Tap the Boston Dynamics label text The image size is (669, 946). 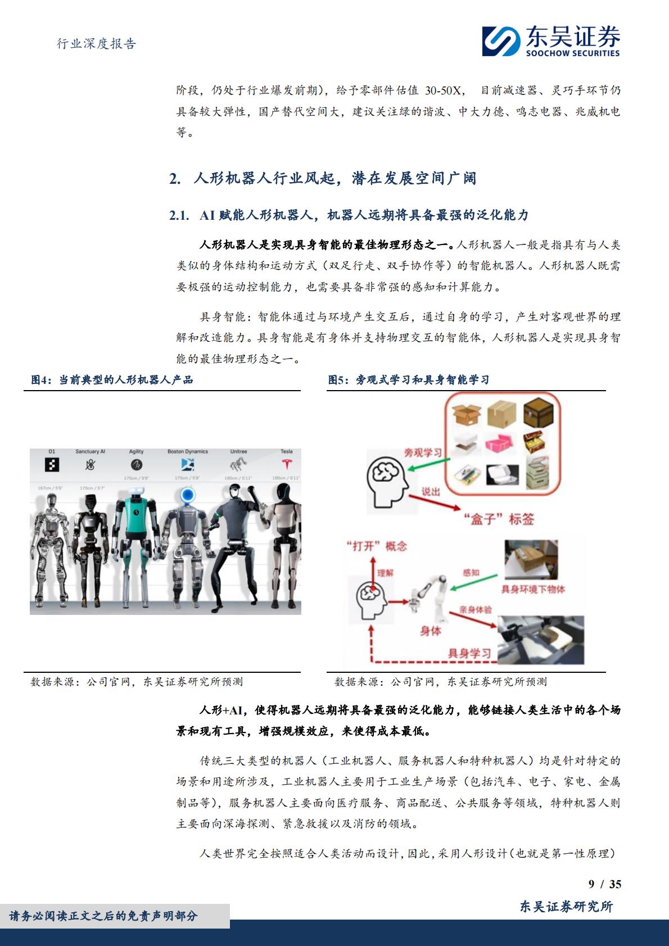click(187, 451)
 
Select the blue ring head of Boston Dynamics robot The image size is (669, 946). click(188, 495)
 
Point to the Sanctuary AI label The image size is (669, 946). click(91, 451)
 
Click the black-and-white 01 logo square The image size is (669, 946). click(52, 465)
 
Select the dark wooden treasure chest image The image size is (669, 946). click(537, 414)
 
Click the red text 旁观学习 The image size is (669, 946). click(423, 452)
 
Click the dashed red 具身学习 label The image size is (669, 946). click(469, 653)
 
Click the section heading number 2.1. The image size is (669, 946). click(178, 215)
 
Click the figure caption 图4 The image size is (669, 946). click(40, 380)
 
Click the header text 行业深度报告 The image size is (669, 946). click(97, 44)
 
